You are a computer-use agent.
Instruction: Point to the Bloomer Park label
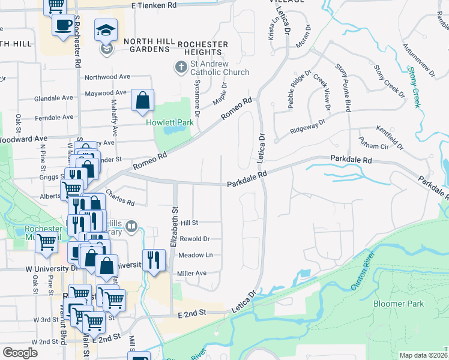pos(398,304)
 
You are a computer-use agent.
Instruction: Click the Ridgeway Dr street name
pos(307,121)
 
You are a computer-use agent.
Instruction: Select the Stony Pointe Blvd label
pos(343,88)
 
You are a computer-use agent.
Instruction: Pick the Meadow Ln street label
pos(196,255)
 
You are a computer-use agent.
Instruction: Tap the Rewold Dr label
pos(194,238)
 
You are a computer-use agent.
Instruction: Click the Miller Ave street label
pos(191,273)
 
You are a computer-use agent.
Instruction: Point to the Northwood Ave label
pos(107,77)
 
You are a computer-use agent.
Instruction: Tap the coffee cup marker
pos(63,25)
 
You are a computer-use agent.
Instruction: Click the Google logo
pos(20,353)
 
